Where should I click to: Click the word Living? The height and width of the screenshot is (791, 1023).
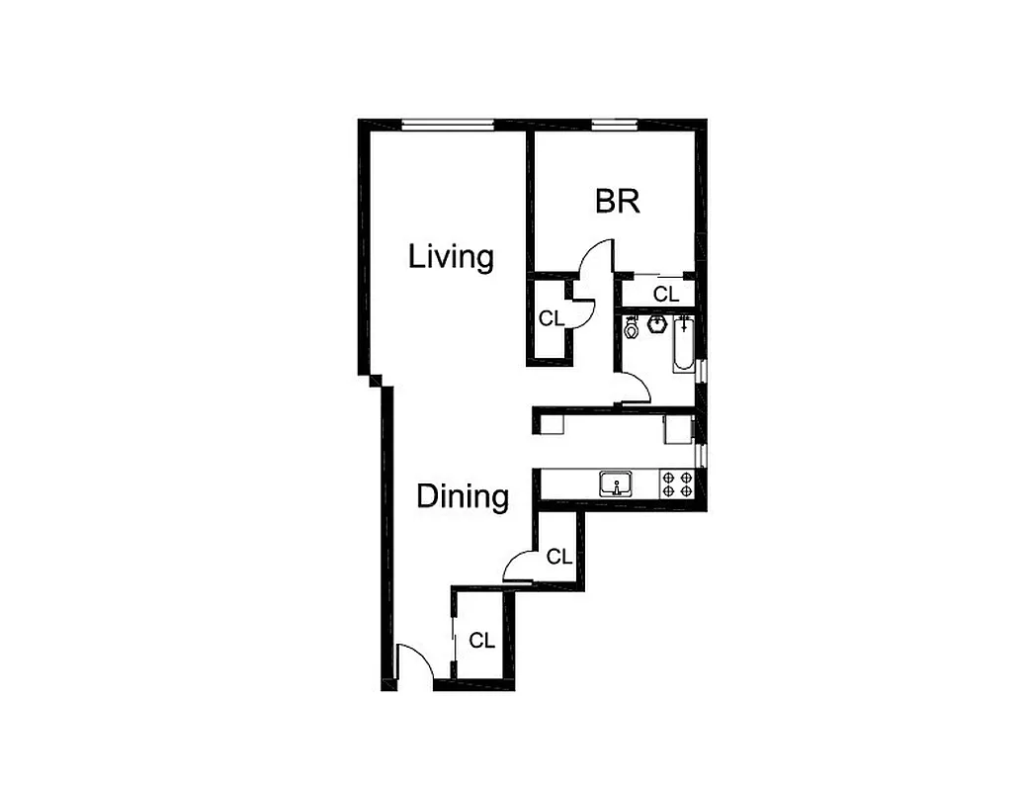(451, 257)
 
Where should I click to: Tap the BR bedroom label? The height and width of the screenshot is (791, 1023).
(617, 202)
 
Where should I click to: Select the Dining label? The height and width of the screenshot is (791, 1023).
(463, 495)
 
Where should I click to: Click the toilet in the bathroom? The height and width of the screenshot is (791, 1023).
(632, 327)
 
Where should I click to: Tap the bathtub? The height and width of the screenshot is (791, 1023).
(684, 345)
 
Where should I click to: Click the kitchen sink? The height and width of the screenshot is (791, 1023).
(617, 484)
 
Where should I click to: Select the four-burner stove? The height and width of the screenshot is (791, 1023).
(677, 483)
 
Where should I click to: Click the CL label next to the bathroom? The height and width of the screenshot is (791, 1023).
(666, 294)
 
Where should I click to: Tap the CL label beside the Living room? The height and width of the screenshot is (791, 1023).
(550, 318)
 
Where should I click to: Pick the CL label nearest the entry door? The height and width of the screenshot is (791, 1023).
(481, 641)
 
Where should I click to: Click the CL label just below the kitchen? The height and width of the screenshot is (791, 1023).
(558, 557)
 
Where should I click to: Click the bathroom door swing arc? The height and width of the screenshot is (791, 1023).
(638, 388)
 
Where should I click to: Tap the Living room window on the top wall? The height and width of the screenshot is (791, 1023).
(448, 125)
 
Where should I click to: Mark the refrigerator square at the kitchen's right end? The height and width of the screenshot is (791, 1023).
(678, 428)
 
